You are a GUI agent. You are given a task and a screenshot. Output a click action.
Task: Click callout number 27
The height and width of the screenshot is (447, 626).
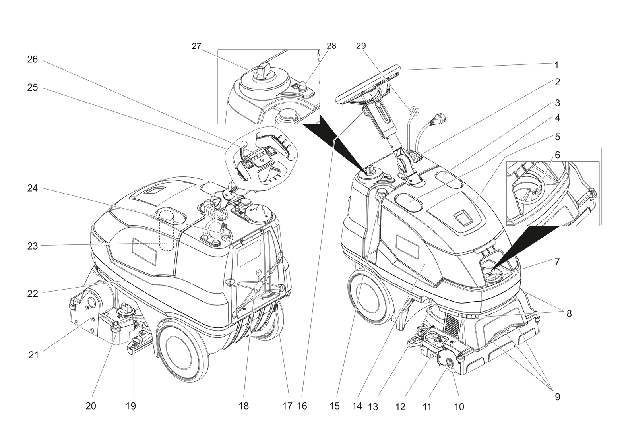(x=196, y=46)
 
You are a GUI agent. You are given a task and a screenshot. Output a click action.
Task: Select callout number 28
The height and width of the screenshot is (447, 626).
(x=331, y=46)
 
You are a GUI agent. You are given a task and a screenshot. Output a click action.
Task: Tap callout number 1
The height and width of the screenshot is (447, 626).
(x=556, y=65)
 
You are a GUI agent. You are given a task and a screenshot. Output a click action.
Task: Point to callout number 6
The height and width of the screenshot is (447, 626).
(x=557, y=155)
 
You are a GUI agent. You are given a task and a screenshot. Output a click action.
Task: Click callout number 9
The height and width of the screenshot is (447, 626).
(x=557, y=397)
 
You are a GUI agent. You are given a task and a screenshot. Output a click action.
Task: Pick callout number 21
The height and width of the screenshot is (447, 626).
(x=33, y=355)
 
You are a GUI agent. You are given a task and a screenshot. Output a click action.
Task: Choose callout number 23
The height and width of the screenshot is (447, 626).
(x=33, y=246)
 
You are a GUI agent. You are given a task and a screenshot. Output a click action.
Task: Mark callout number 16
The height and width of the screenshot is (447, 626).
(x=302, y=406)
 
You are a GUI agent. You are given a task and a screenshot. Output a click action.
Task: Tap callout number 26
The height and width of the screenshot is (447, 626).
(x=33, y=59)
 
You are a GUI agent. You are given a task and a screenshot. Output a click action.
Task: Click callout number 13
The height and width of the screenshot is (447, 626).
(x=373, y=407)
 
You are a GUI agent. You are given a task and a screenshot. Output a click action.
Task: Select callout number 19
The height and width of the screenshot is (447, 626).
(x=130, y=406)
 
